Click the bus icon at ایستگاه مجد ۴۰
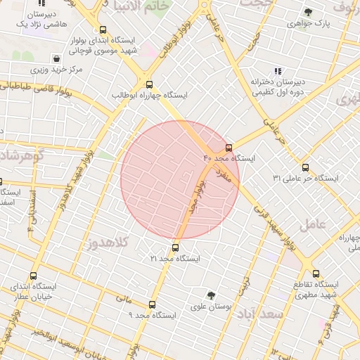(x=229, y=148)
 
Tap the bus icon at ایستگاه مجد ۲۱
(x=175, y=247)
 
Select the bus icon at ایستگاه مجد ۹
(x=153, y=304)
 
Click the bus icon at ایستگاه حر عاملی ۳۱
(x=305, y=167)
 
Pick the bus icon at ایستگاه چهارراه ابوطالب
(x=147, y=84)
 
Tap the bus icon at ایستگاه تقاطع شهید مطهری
(x=316, y=274)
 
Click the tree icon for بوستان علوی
(x=211, y=295)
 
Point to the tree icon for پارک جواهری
(x=308, y=12)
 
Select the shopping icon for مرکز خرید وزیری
(x=56, y=58)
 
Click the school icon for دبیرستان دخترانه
(x=278, y=71)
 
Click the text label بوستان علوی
(x=211, y=307)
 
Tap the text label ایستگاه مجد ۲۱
(x=175, y=259)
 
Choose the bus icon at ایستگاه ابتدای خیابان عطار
(x=33, y=276)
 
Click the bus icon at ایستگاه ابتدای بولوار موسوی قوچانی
(x=103, y=30)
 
